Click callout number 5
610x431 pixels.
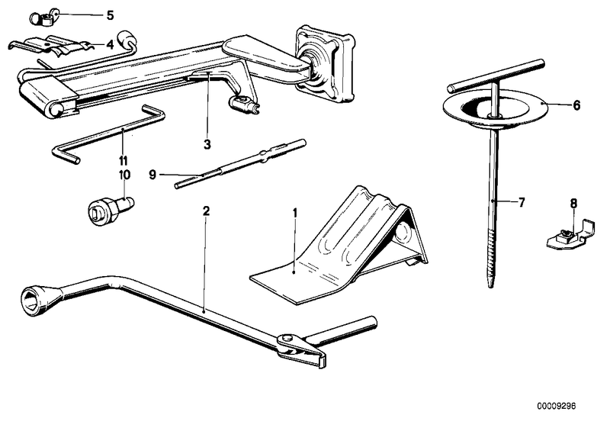coord(110,14)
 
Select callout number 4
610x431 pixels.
coord(110,44)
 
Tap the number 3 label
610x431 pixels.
coord(206,143)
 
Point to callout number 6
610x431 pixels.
coord(576,105)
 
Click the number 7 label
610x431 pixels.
coord(522,203)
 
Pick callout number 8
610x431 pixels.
coord(573,203)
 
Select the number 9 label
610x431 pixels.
coord(152,175)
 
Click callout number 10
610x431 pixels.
coord(124,174)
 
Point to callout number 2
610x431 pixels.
coord(204,210)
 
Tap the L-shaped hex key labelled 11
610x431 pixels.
coord(107,133)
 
